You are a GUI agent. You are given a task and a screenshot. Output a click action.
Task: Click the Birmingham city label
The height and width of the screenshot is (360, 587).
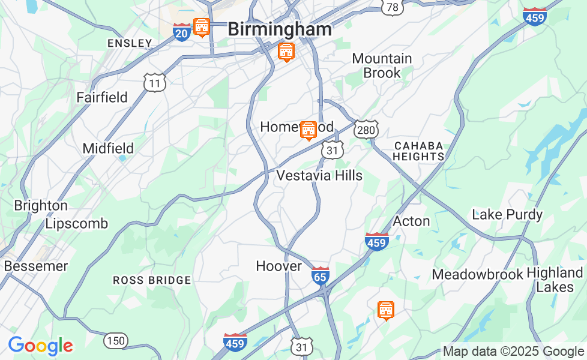click(280, 29)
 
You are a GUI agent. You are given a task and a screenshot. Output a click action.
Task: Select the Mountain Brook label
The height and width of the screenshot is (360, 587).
click(382, 65)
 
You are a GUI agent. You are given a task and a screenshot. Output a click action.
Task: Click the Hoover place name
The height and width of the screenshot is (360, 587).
click(278, 266)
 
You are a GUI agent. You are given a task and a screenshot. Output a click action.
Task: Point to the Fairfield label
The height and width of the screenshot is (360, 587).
click(102, 97)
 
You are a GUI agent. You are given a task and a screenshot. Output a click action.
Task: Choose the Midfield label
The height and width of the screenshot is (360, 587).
click(108, 148)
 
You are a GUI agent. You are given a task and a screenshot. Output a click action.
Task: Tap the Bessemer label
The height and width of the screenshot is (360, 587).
click(35, 265)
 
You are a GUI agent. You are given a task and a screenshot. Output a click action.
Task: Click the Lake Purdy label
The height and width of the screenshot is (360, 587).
click(507, 214)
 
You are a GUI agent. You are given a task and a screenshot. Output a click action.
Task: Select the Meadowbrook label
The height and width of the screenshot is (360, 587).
click(478, 274)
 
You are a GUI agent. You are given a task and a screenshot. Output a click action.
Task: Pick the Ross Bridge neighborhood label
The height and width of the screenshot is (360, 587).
click(152, 280)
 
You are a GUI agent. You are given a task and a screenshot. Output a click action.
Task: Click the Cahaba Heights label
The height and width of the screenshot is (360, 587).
click(419, 151)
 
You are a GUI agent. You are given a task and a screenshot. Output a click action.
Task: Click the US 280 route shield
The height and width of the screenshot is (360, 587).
click(365, 129)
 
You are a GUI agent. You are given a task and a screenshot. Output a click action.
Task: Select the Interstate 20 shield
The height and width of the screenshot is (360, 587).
click(182, 32)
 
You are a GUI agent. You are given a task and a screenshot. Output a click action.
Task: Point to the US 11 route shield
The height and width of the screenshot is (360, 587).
click(155, 83)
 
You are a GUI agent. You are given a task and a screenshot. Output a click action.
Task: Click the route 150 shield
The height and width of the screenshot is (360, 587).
click(115, 341)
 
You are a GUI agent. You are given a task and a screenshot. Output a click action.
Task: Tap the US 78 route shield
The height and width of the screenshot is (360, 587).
click(392, 7)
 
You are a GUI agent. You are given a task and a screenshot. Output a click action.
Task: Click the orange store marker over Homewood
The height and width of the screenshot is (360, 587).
click(308, 129)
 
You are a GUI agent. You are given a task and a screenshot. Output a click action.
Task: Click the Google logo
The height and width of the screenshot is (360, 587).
click(40, 346)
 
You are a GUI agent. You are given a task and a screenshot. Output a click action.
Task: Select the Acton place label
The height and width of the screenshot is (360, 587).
click(411, 221)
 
